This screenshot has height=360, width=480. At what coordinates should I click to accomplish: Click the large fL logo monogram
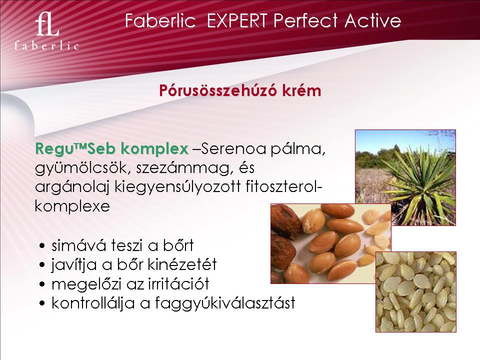47,24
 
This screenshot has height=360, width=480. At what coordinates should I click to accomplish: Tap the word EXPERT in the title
237,21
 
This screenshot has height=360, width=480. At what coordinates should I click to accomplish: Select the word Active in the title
372,21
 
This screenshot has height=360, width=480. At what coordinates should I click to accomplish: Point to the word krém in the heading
302,90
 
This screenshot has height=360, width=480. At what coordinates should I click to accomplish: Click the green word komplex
154,149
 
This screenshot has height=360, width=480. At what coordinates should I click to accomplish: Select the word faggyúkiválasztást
225,303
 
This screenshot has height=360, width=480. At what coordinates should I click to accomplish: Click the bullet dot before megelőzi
42,284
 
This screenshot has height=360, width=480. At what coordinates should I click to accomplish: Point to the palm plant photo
405,177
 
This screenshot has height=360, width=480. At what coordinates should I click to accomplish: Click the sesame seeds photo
415,291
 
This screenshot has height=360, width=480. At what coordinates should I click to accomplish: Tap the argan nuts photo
330,243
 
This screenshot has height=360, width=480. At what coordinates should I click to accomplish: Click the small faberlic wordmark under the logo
46,46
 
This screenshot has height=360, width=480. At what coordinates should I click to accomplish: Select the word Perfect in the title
305,21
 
